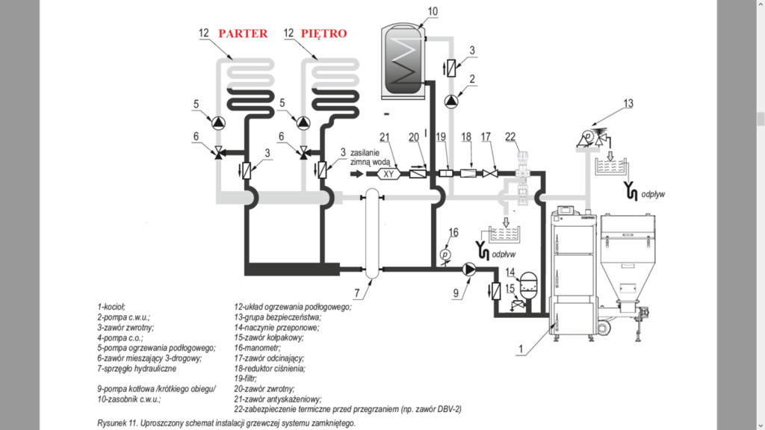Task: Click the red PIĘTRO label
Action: tap(323, 34)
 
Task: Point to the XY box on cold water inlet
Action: tap(388, 174)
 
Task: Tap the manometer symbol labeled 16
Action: tap(445, 255)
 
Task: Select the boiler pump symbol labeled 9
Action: tap(470, 269)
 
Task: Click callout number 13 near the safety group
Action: tap(628, 103)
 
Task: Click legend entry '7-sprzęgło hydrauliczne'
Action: tap(137, 369)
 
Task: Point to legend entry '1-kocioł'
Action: tap(111, 306)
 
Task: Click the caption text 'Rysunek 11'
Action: tap(118, 423)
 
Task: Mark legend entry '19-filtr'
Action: tap(245, 379)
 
